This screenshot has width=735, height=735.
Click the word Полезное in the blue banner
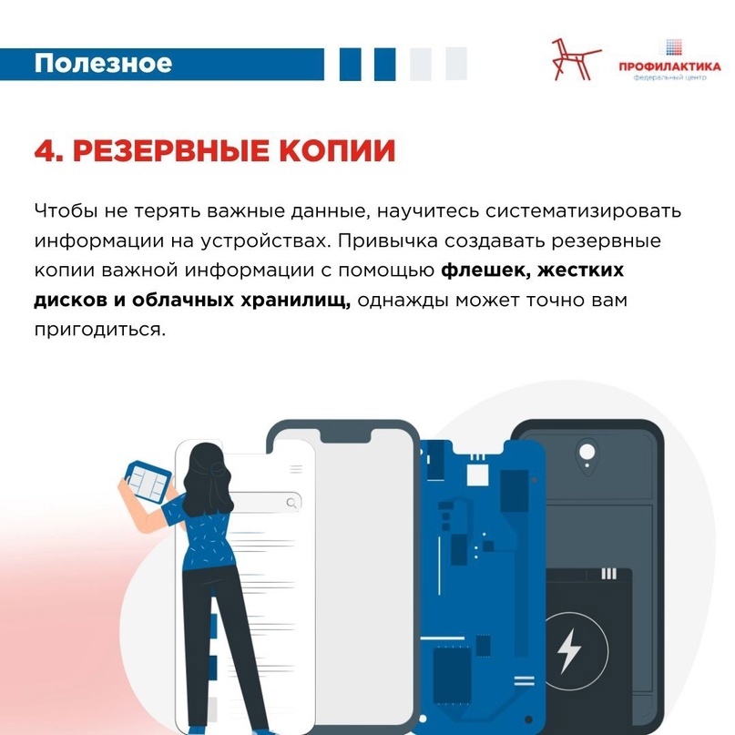103,63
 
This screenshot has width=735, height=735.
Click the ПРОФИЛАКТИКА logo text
669,66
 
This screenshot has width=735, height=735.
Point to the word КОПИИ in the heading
338,151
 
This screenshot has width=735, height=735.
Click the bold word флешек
485,271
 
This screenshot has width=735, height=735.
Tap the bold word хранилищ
295,301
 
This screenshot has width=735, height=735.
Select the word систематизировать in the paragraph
583,211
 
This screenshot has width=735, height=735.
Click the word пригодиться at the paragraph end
100,330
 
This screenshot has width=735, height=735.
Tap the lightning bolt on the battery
569,650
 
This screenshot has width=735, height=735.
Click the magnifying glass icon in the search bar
291,503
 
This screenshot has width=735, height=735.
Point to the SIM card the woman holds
148,482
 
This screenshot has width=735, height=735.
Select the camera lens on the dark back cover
587,453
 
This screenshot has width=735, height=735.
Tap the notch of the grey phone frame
346,434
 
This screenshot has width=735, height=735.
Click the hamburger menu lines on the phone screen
296,469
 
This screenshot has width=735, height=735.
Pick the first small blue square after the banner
350,64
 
